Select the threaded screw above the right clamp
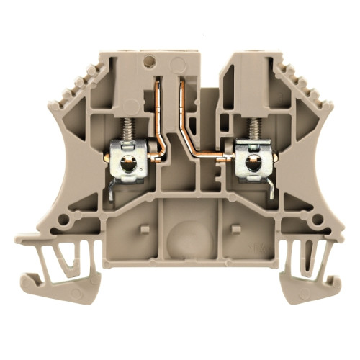click(x=254, y=130)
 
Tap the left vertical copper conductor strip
click(x=156, y=108)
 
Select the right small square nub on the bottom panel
click(x=235, y=230)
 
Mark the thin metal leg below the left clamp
click(x=110, y=189)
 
